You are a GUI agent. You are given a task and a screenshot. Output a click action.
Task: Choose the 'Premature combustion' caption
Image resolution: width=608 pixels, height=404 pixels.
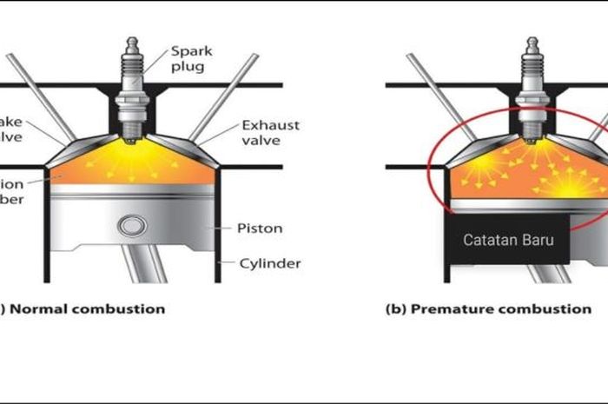pyautogui.click(x=488, y=308)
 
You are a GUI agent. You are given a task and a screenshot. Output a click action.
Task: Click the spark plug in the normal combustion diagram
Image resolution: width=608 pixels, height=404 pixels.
pyautogui.click(x=132, y=91)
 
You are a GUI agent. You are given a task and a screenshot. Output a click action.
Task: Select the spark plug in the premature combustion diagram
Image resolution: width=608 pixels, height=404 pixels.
pyautogui.click(x=532, y=91)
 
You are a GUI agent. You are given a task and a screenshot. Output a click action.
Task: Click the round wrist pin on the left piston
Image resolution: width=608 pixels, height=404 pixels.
pyautogui.click(x=132, y=227)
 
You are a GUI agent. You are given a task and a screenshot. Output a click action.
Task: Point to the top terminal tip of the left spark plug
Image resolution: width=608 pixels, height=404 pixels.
pyautogui.click(x=132, y=41)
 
